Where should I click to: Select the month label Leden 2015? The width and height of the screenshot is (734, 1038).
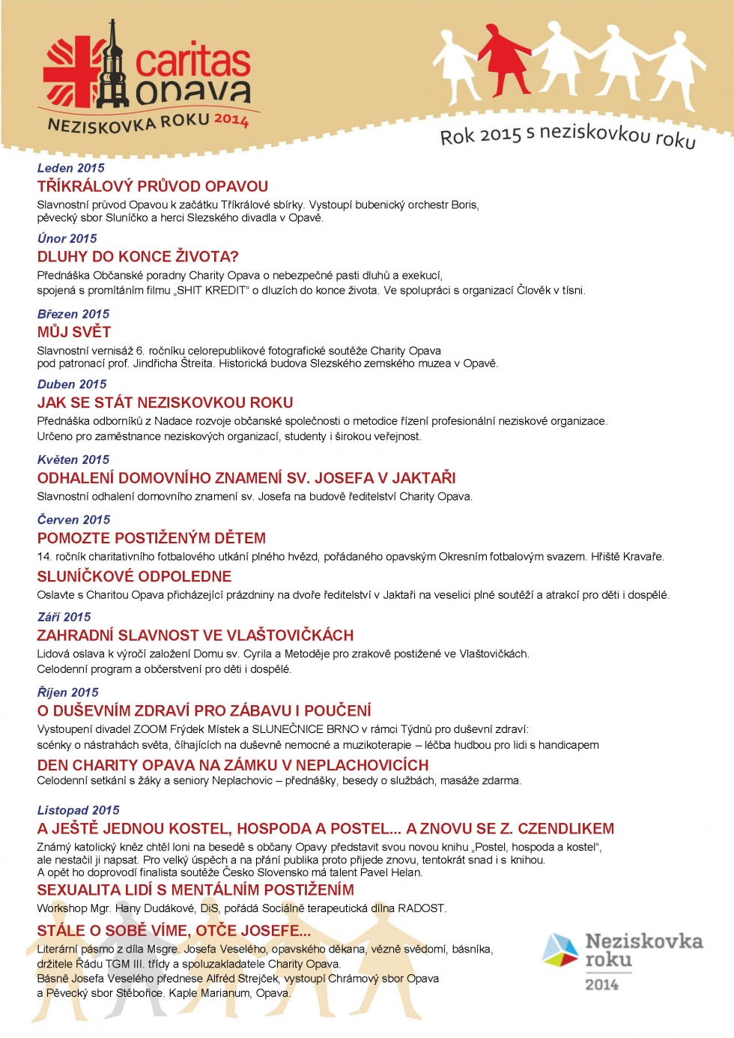coord(71,168)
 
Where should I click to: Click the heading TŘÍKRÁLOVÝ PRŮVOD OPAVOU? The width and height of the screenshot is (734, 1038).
coord(153,186)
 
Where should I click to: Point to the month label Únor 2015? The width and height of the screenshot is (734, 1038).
coord(67,238)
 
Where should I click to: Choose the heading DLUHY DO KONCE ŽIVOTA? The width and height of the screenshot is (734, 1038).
coord(138,256)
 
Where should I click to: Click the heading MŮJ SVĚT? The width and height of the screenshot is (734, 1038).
coord(74,331)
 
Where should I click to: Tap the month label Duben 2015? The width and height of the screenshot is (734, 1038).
coord(72,384)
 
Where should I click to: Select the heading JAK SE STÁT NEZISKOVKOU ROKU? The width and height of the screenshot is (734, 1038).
coord(165,402)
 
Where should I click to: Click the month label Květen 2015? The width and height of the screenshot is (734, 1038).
coord(73,459)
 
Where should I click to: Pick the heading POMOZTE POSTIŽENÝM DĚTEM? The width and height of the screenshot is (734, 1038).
coord(151,538)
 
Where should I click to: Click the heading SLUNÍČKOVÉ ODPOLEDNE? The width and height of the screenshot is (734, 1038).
coord(134,576)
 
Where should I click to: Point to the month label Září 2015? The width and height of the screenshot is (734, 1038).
coord(64,617)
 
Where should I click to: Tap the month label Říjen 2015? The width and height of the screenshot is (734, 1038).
coord(68,692)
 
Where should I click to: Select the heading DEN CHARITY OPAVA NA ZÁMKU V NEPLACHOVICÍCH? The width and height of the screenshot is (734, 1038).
coord(233,765)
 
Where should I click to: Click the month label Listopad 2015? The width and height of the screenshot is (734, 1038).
coord(79,810)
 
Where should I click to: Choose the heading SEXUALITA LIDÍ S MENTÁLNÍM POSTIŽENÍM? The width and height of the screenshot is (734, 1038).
coord(195,890)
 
